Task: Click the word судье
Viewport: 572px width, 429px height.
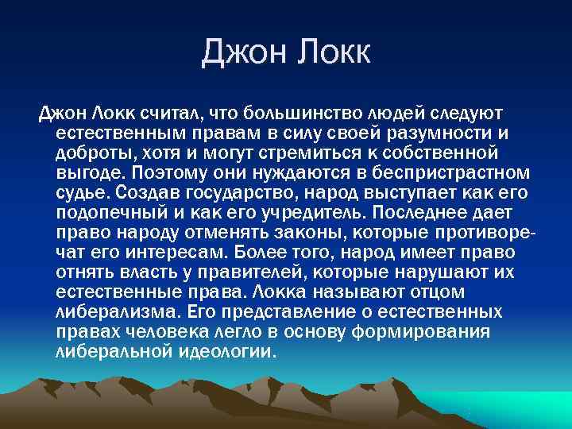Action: tap(82, 191)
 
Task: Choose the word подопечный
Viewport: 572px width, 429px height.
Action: tap(112, 212)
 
